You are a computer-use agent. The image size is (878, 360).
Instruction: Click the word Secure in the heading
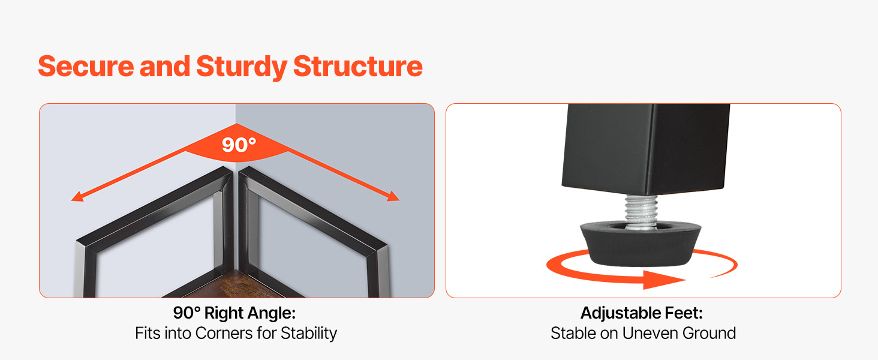click(x=86, y=66)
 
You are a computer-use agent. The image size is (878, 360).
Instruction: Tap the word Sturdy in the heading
click(x=242, y=67)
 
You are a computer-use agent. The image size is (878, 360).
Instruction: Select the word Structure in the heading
click(x=358, y=66)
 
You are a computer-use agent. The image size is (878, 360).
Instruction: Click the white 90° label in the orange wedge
click(x=239, y=145)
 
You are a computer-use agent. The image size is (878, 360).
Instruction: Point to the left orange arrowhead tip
click(x=72, y=200)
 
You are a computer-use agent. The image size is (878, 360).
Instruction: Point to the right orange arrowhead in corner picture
click(x=393, y=196)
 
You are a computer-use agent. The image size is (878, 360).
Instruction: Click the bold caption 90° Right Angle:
click(x=234, y=313)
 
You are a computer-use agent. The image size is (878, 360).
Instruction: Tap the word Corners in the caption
click(x=224, y=334)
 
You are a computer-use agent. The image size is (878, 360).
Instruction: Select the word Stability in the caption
click(x=309, y=334)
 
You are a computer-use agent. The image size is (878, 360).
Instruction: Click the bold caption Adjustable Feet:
click(x=642, y=313)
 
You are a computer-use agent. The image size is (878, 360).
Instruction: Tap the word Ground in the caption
click(x=709, y=334)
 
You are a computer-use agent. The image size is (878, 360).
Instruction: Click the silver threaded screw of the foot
click(x=641, y=211)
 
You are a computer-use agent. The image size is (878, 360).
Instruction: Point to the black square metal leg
click(x=646, y=149)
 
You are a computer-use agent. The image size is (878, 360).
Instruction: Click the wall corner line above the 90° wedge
click(x=236, y=114)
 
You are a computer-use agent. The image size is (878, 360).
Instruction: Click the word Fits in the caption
click(x=148, y=334)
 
